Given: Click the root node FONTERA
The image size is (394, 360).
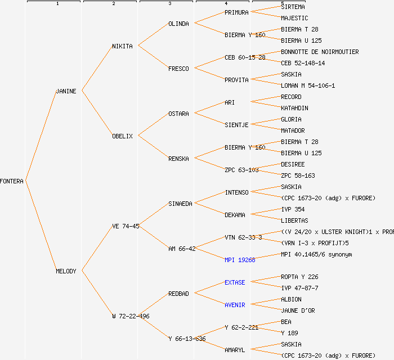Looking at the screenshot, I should (x=12, y=181).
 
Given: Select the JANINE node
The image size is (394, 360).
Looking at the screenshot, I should (x=66, y=91).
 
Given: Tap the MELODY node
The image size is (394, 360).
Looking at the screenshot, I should (x=66, y=271).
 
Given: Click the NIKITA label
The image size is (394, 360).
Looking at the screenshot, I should (x=122, y=46).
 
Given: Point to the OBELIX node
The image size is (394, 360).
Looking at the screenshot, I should (x=122, y=136).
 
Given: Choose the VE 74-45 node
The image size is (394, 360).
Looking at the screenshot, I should (x=126, y=226).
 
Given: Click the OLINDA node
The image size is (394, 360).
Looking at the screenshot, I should (x=178, y=24).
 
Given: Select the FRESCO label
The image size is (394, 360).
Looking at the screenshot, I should (x=178, y=69).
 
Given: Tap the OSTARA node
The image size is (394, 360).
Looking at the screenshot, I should (x=178, y=114).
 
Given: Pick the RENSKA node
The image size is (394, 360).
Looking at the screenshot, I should (x=178, y=159).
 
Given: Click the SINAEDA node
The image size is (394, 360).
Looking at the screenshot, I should (x=180, y=204).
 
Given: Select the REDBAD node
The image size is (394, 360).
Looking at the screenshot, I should (x=178, y=294).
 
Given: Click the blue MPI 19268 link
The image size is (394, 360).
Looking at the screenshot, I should (x=240, y=260).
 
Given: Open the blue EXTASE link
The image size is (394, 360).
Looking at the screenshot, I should (x=235, y=282).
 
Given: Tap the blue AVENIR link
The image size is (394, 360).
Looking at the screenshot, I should (x=235, y=305).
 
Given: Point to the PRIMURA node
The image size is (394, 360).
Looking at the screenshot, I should (x=236, y=12).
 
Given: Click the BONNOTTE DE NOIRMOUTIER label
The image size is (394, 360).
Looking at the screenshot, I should (x=320, y=52).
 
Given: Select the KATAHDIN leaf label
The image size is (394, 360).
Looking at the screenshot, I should (x=294, y=108).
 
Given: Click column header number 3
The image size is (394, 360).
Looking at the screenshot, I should (x=169, y=4).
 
